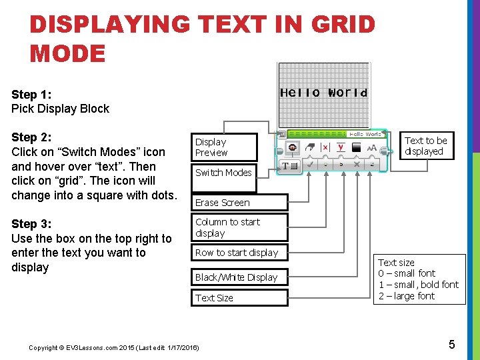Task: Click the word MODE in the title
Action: (67, 53)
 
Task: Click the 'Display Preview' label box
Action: (224, 147)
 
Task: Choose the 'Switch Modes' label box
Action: (224, 173)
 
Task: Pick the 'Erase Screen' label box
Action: (239, 202)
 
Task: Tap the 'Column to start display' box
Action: (239, 227)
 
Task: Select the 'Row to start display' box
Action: (239, 253)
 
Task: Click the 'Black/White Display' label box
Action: (239, 277)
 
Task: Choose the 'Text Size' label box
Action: (239, 298)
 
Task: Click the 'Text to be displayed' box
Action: (426, 146)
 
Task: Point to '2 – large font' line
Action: (407, 296)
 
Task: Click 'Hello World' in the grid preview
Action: (323, 93)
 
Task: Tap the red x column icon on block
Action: (325, 147)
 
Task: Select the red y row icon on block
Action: (341, 147)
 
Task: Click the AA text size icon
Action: (372, 148)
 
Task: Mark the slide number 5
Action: (451, 345)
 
